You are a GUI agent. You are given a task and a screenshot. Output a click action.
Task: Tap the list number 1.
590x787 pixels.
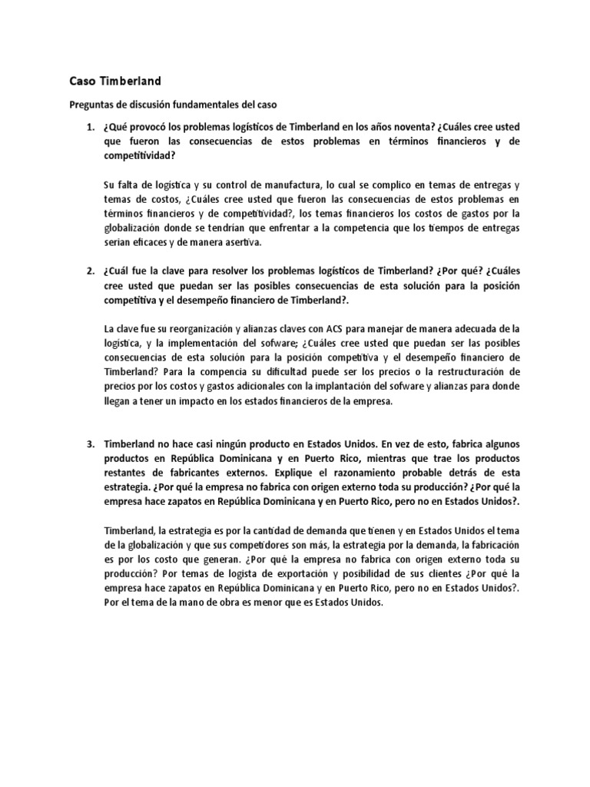tap(90, 126)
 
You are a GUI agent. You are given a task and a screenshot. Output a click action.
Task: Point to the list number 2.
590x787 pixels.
tap(90, 271)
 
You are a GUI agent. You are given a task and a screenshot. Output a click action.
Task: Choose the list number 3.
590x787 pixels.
tap(90, 444)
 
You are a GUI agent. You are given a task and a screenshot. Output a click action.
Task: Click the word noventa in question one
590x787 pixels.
tap(408, 126)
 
